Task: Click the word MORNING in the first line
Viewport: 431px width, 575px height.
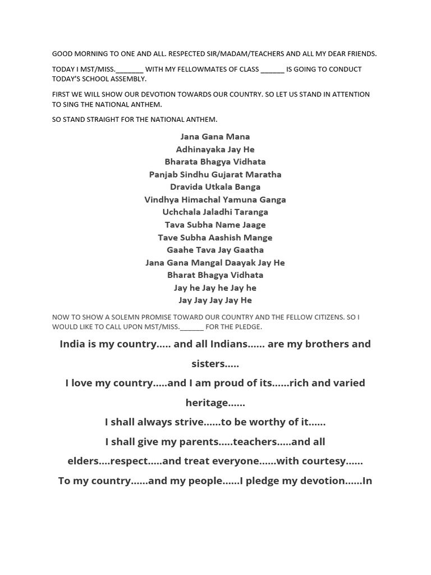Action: (95, 54)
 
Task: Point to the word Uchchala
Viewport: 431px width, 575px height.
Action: (180, 212)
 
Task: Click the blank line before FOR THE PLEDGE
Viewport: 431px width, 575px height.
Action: (192, 327)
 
